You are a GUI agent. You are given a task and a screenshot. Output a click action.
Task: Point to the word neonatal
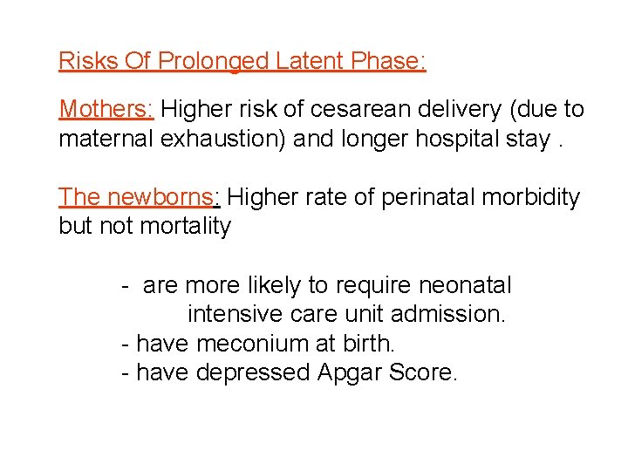pyautogui.click(x=466, y=285)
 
